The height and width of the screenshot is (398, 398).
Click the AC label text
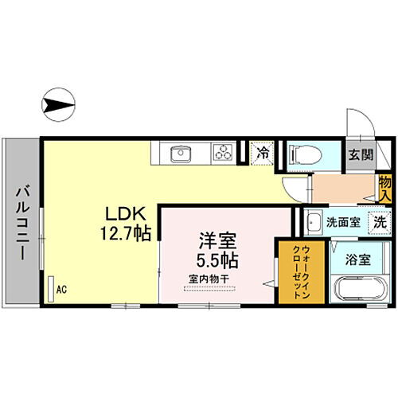point(60,291)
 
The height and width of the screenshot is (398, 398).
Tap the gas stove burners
point(222,151)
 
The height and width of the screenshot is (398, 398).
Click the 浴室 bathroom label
point(357,259)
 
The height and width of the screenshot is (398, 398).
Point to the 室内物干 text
point(209,279)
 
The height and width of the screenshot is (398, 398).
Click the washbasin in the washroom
point(314,222)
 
